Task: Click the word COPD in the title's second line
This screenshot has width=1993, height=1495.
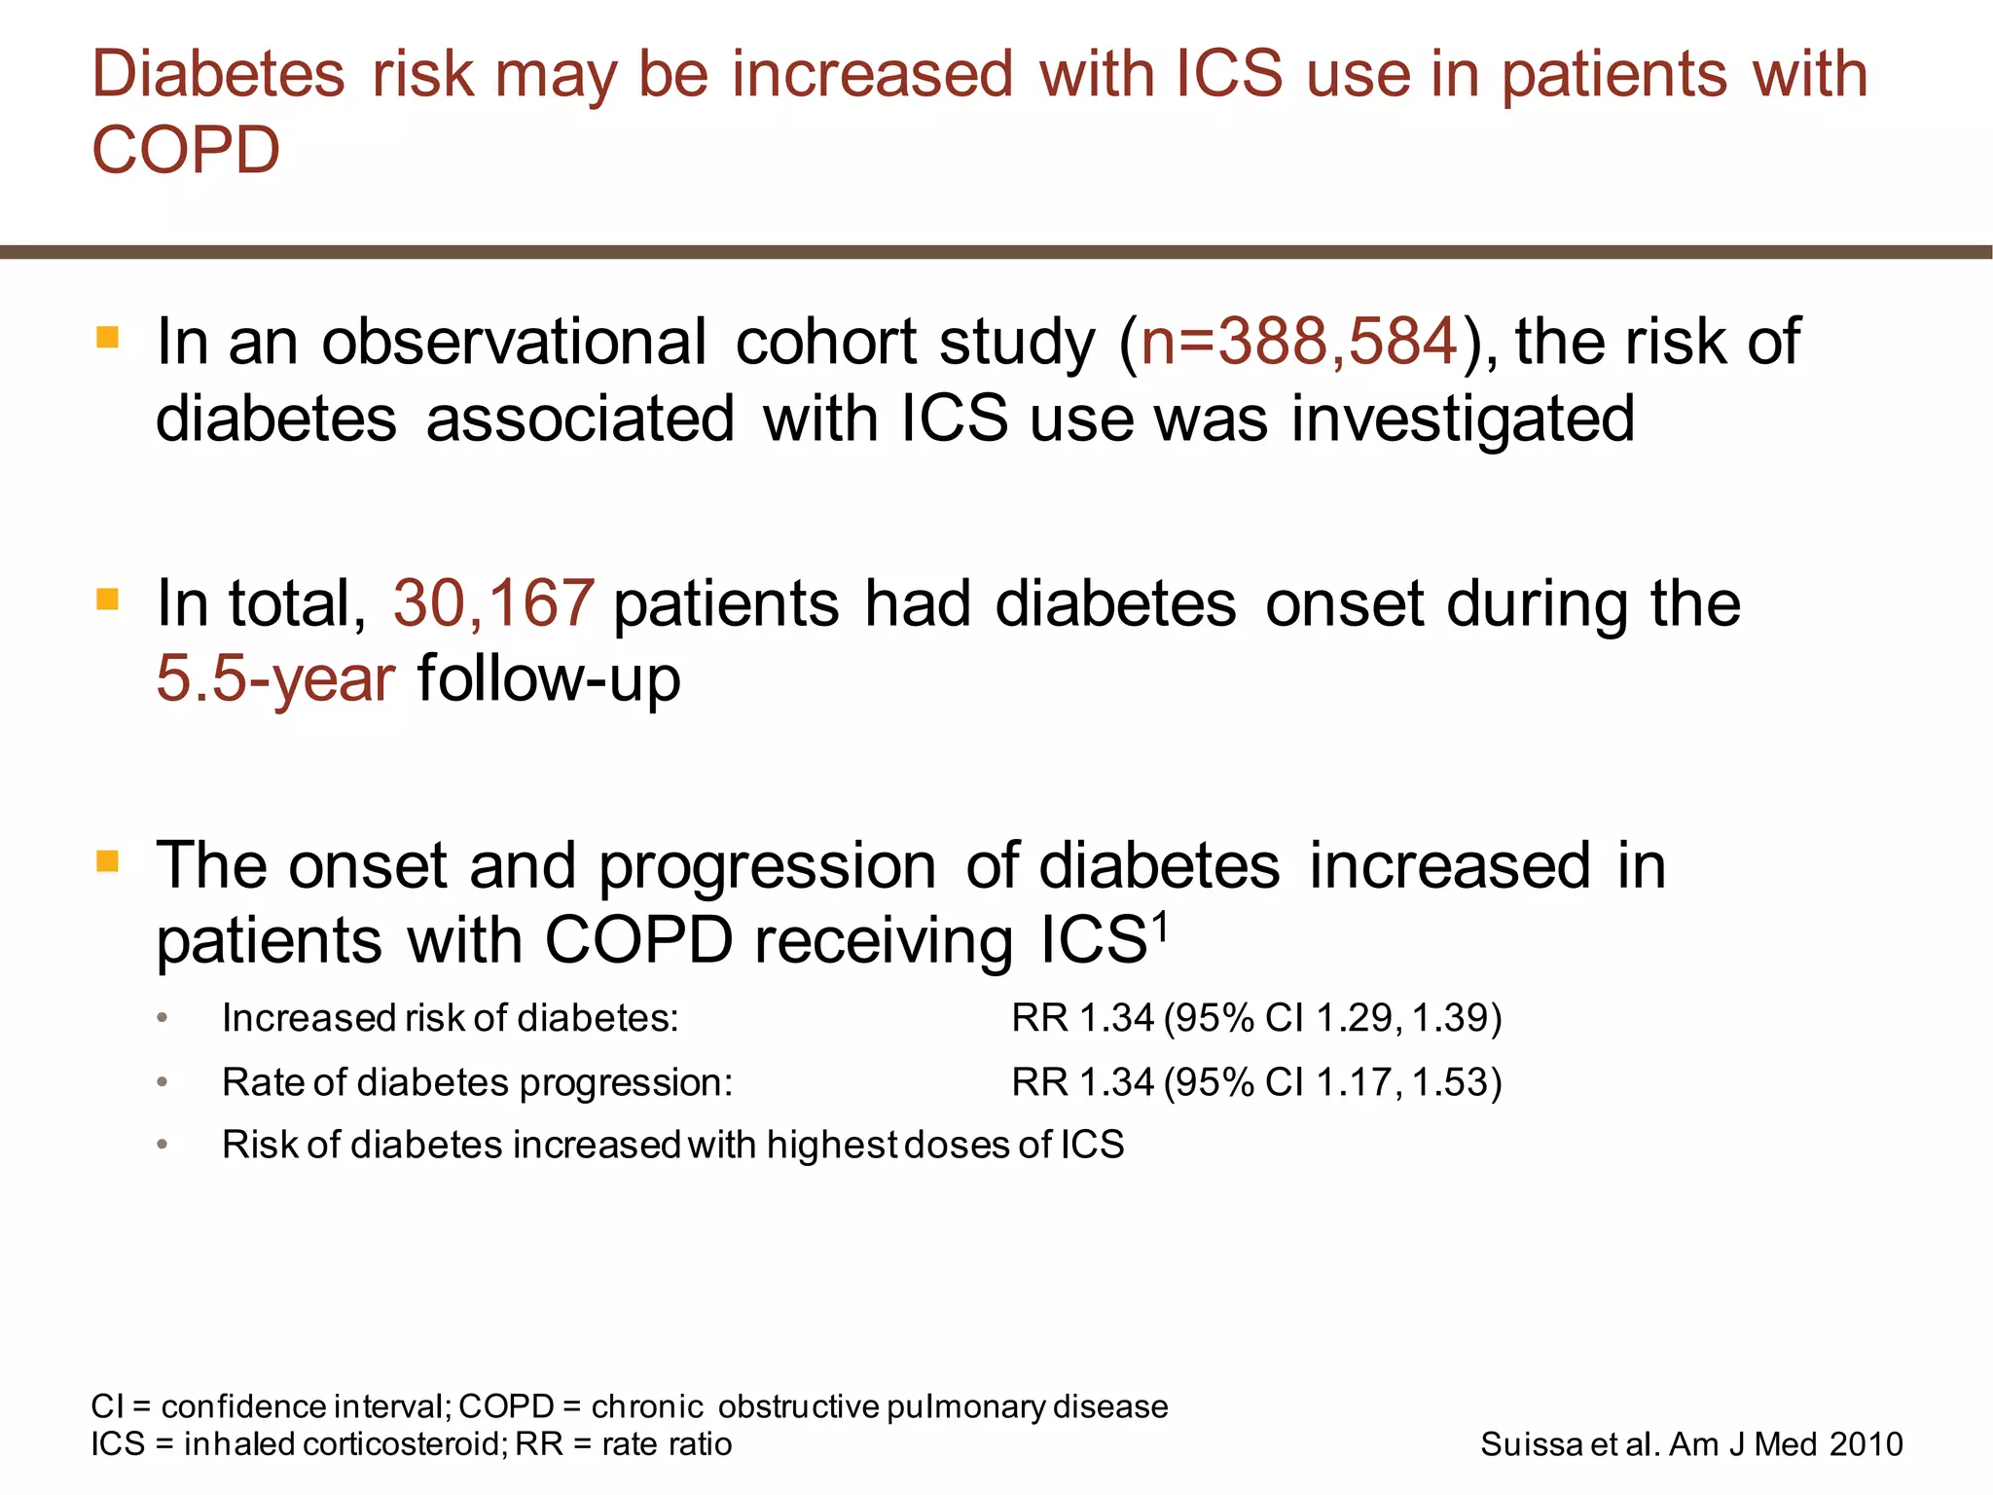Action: tap(186, 151)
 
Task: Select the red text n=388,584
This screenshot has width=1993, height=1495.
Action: tap(1299, 342)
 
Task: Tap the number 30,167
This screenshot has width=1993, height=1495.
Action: tap(493, 603)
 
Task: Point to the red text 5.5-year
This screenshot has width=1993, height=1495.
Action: tap(275, 678)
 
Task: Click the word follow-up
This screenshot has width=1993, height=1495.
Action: tap(549, 678)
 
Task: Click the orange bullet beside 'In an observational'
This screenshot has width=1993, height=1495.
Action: tap(108, 339)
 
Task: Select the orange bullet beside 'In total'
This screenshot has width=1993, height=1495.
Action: tap(108, 599)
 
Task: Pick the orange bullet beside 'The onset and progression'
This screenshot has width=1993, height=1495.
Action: tap(108, 861)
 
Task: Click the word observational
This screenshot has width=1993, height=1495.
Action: tap(514, 342)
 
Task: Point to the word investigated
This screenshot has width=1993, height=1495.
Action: tap(1463, 419)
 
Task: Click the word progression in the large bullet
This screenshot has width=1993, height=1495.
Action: tap(767, 866)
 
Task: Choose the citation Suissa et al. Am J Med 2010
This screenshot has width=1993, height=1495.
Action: tap(1691, 1444)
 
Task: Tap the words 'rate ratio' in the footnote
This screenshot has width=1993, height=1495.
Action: tap(667, 1444)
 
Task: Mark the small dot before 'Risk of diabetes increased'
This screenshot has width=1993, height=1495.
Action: tap(163, 1145)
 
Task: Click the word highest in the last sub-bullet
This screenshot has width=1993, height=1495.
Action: tap(832, 1145)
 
